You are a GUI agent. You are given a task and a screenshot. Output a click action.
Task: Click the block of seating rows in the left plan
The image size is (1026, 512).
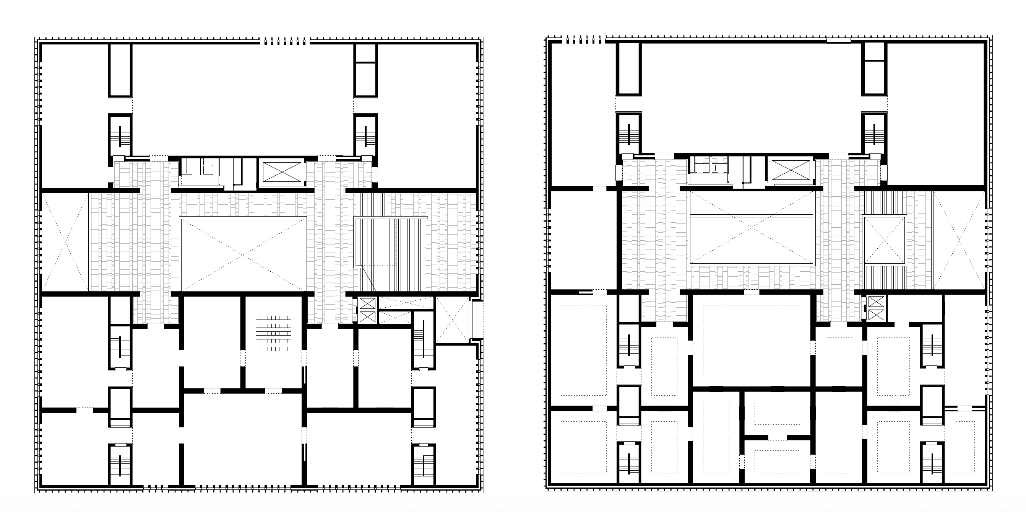273,333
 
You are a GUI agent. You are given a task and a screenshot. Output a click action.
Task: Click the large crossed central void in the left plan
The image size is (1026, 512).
243,254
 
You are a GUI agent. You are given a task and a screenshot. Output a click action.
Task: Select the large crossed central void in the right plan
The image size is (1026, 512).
750,228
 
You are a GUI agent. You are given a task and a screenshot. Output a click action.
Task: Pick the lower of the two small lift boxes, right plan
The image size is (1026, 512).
876,315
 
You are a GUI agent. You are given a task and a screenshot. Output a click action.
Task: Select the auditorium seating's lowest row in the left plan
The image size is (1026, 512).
273,349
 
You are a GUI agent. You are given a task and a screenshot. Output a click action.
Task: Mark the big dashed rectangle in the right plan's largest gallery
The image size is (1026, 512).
751,341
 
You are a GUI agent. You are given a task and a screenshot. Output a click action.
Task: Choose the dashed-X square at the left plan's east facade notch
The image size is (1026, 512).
453,320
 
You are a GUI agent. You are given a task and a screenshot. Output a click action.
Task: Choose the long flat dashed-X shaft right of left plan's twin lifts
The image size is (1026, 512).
406,303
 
